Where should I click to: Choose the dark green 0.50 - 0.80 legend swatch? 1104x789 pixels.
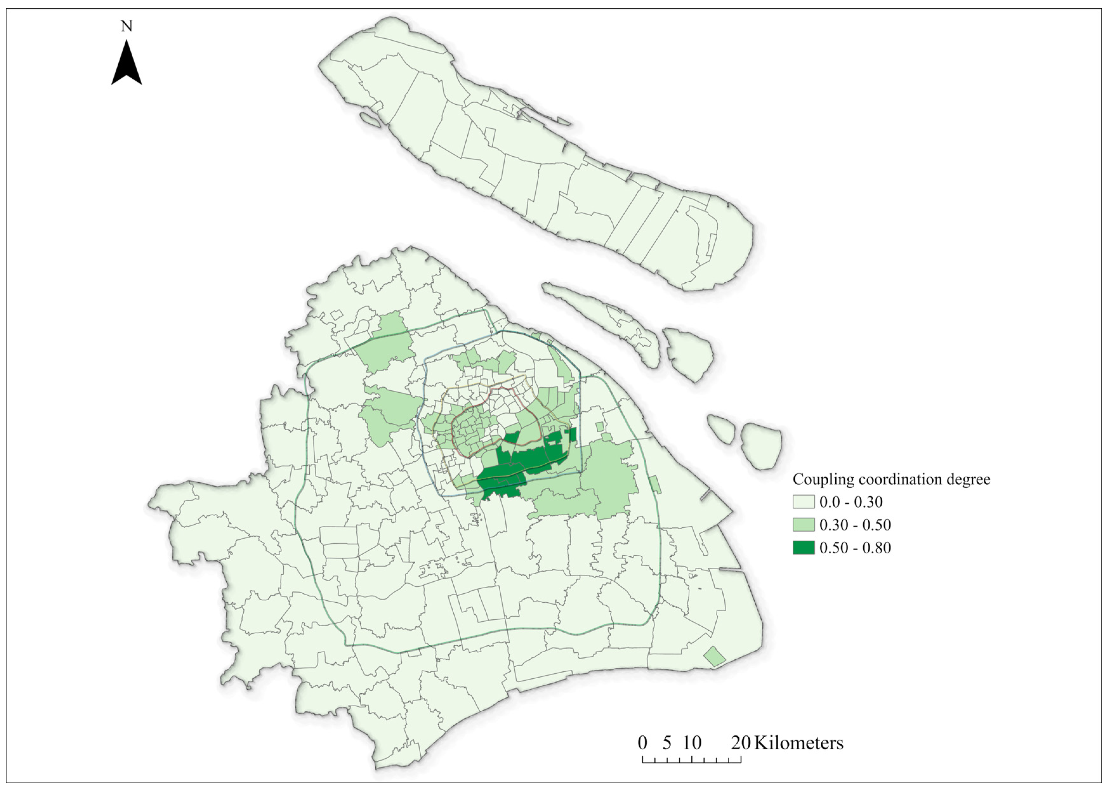point(803,548)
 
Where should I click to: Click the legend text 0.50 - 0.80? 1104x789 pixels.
point(855,548)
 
